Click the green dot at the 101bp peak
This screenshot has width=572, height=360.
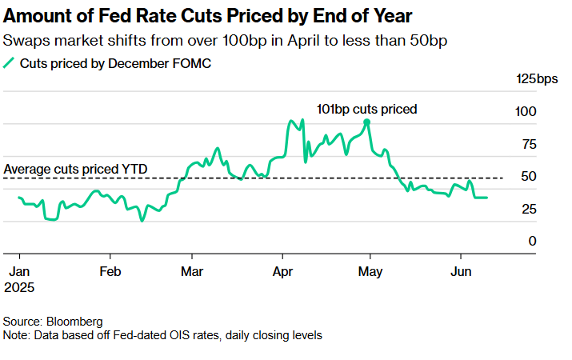[x=366, y=122]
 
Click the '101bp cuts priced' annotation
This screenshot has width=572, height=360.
[x=367, y=109]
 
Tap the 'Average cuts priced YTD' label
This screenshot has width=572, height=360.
[x=71, y=170]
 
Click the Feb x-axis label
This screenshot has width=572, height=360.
[x=110, y=270]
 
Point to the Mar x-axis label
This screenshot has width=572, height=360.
[x=192, y=270]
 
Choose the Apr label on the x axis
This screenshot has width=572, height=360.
[x=282, y=270]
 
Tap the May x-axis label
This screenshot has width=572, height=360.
[x=370, y=270]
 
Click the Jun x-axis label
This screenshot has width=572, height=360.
[x=461, y=270]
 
